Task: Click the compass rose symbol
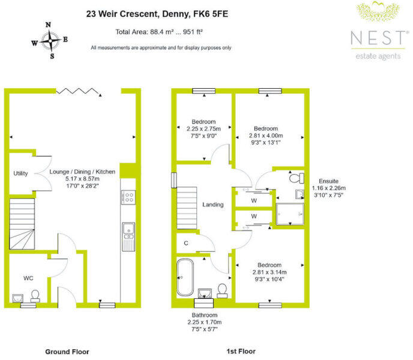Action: (x=50, y=40)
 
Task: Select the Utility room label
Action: (x=20, y=173)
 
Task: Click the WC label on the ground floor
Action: (x=28, y=278)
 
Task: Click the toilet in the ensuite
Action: (x=296, y=178)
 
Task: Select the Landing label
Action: (x=213, y=205)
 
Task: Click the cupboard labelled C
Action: (x=186, y=243)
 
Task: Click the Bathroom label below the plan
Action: (x=204, y=315)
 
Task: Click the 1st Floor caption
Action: (x=241, y=350)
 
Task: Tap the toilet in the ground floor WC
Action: (x=35, y=295)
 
